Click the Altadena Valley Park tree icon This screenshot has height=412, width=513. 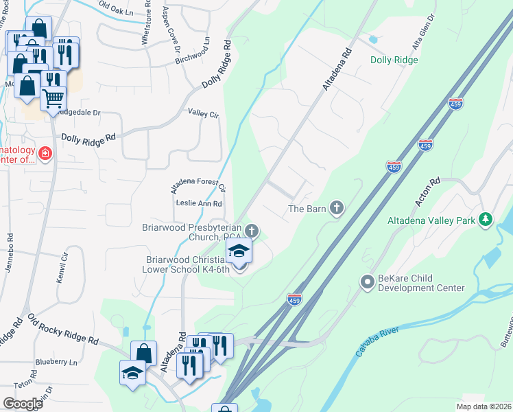coord(486,219)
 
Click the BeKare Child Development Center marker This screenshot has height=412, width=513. coord(366,281)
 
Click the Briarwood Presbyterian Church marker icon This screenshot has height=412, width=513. coord(252,230)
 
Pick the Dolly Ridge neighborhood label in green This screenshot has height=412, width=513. coord(394,60)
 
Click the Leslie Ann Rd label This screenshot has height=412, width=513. coord(199,204)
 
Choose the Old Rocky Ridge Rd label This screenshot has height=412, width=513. coord(63,330)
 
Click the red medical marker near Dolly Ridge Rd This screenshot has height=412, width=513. coord(45,153)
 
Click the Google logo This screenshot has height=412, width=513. coord(23,404)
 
